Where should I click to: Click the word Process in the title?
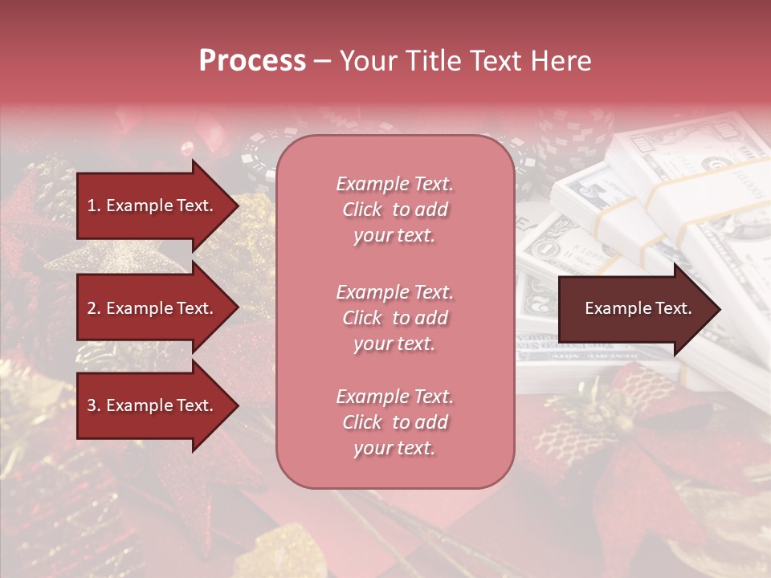point(252,61)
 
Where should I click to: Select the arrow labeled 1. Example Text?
point(153,206)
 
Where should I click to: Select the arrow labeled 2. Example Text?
point(153,308)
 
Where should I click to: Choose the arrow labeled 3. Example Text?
point(153,405)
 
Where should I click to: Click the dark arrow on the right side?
point(634,309)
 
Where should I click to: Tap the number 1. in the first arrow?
point(94,206)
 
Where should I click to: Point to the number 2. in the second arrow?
point(94,308)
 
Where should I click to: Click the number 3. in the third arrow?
point(94,405)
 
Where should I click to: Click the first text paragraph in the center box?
point(394,210)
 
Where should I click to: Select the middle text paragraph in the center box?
point(394,318)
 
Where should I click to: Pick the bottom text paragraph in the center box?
point(394,422)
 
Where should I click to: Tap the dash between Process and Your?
point(322,62)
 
